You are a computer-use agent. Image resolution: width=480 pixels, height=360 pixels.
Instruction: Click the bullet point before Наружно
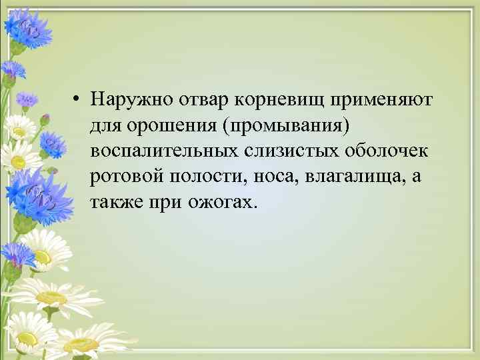pos(78,100)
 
